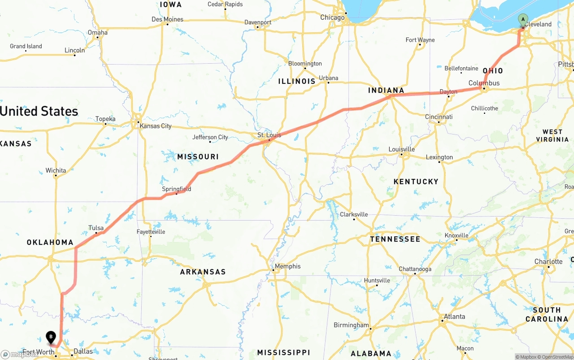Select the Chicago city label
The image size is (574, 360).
click(332, 17)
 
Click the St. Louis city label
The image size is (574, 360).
click(269, 135)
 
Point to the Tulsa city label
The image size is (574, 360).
click(96, 228)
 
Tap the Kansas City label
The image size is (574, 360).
click(156, 126)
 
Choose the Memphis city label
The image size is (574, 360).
click(287, 266)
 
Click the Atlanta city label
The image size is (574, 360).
click(454, 317)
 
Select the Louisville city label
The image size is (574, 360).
click(401, 149)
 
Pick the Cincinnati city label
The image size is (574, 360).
click(439, 117)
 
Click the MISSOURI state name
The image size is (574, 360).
click(198, 157)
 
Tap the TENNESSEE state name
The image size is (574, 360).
click(395, 239)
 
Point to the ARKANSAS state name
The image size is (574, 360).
click(203, 272)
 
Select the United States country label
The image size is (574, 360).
click(39, 111)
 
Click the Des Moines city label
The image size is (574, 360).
click(167, 19)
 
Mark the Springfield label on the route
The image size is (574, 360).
click(176, 189)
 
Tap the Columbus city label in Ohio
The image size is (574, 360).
click(484, 83)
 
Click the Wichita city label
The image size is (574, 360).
click(56, 170)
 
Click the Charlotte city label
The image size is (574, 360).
click(548, 262)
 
